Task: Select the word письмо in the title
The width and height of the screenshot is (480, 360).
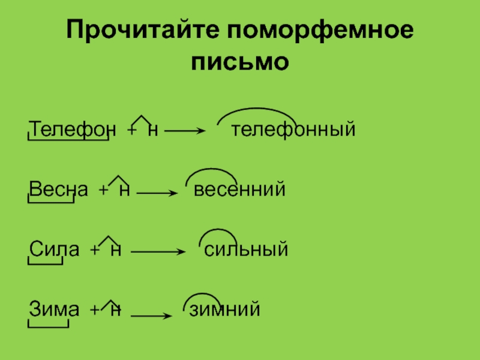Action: [x=240, y=61]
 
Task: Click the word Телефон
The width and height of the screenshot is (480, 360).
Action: [x=70, y=129]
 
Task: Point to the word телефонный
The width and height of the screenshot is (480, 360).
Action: [x=294, y=129]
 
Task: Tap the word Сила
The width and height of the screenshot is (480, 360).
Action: [x=55, y=250]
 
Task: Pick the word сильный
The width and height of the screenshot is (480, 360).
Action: [x=247, y=250]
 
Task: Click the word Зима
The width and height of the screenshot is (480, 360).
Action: [x=54, y=310]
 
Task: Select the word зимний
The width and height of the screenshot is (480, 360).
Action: [x=225, y=310]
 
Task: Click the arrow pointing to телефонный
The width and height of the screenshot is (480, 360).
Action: [x=185, y=131]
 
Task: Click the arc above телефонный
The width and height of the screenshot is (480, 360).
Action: [x=257, y=111]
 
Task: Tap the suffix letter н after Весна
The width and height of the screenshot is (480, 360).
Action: [x=125, y=190]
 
